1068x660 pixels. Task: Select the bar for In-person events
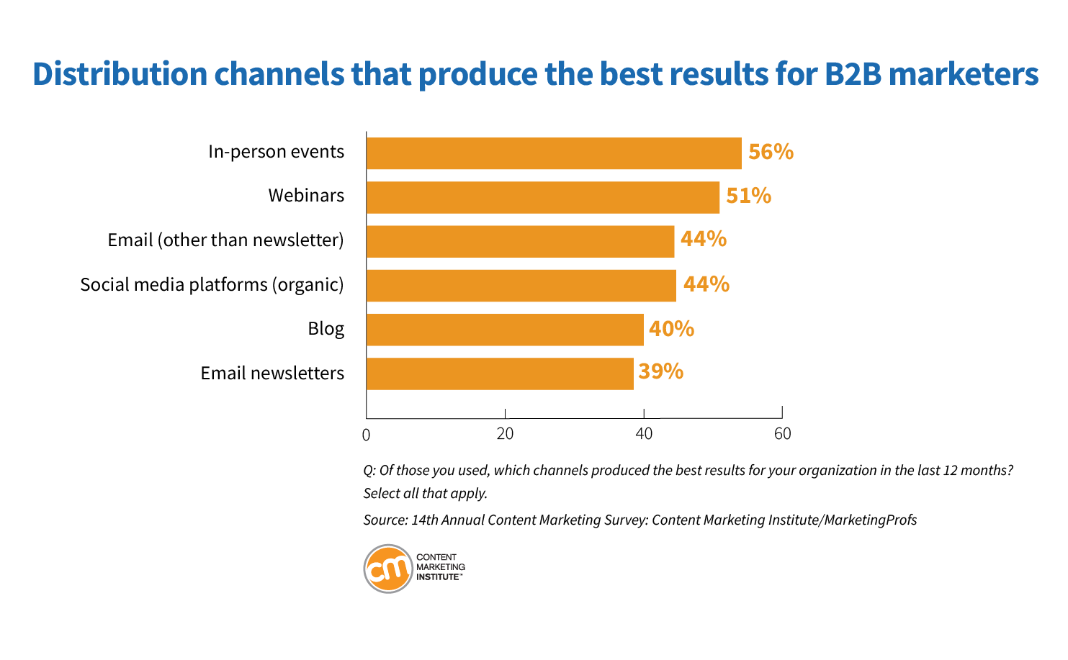(553, 153)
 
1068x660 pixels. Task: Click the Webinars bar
(542, 197)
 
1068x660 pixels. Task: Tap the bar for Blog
(504, 330)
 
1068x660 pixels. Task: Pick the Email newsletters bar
(499, 374)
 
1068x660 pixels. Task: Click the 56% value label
(771, 152)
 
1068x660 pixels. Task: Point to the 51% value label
(748, 196)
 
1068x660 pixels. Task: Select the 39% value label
(660, 371)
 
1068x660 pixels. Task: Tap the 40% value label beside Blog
(671, 329)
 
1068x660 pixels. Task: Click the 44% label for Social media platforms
(706, 284)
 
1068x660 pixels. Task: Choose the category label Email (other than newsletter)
(225, 240)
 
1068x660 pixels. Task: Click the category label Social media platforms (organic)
(212, 284)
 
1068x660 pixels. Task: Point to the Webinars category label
(306, 196)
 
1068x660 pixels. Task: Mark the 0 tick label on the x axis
(366, 435)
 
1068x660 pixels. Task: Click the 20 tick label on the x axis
(505, 434)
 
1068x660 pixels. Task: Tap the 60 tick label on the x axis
(782, 434)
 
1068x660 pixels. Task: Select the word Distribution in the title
(120, 74)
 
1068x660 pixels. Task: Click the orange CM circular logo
(388, 569)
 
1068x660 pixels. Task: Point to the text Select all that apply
(425, 494)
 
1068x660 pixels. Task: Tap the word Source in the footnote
(384, 520)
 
